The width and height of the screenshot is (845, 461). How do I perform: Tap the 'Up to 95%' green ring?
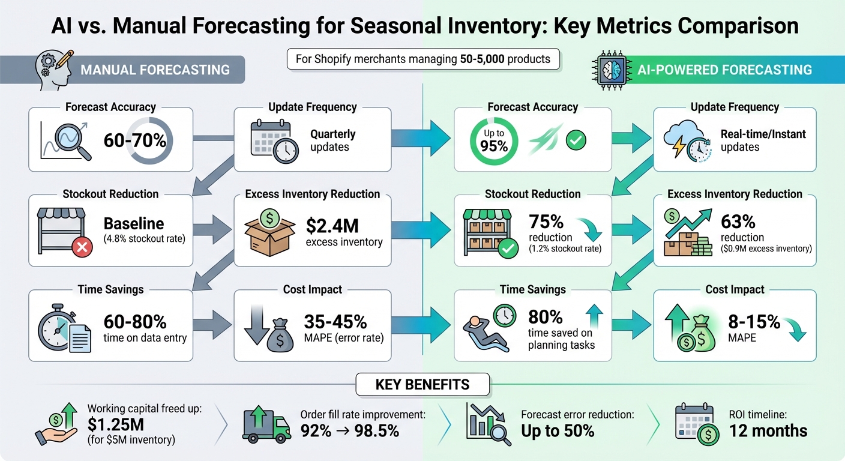(494, 141)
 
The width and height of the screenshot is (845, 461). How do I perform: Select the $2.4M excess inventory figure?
(332, 226)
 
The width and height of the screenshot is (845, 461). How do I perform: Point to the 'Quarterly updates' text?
(332, 140)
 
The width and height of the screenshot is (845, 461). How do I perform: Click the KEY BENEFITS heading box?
(422, 385)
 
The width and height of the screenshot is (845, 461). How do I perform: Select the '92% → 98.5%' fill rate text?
(350, 430)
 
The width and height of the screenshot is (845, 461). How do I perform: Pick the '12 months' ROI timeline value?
(768, 430)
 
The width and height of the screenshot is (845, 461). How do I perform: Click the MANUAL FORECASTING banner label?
(155, 70)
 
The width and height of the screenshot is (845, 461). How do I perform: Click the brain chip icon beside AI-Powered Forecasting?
(610, 69)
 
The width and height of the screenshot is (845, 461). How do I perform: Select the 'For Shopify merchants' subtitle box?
(423, 59)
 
